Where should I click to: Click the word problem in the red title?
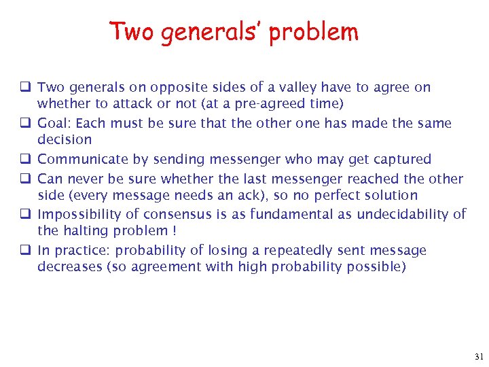coord(313,32)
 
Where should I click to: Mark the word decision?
coord(65,139)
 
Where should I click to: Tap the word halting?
coord(85,231)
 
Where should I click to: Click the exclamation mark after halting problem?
coord(175,231)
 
